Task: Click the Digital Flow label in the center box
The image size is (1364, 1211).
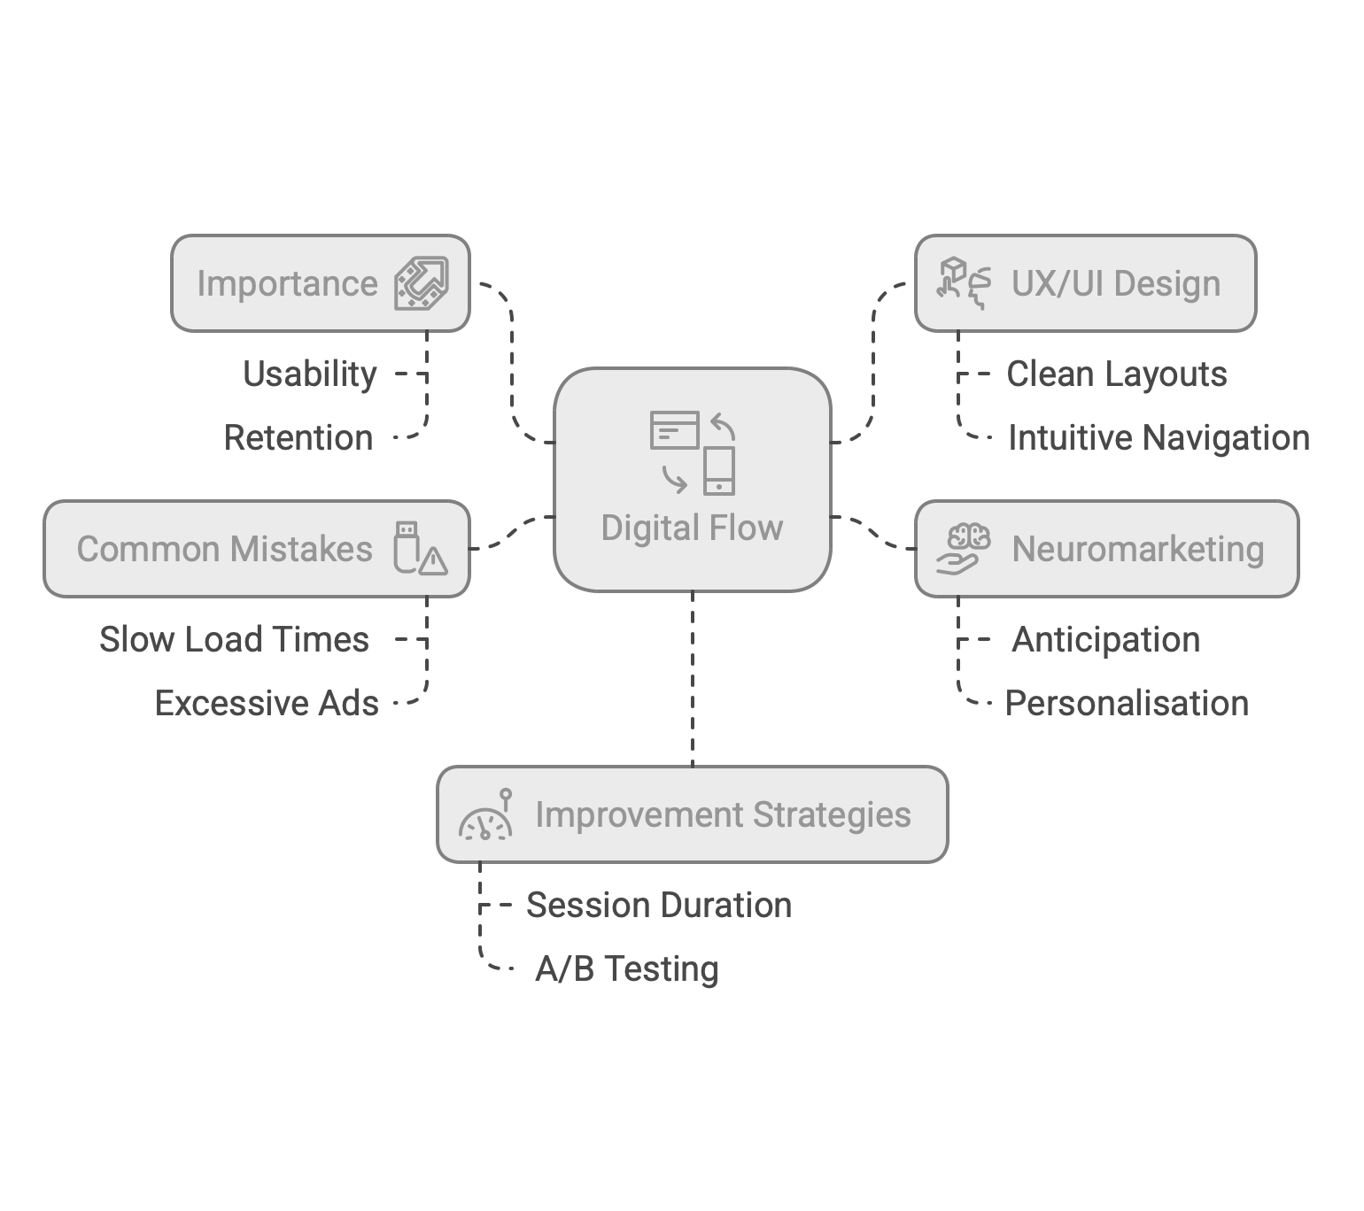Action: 692,528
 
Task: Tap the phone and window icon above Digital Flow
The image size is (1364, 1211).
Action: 692,452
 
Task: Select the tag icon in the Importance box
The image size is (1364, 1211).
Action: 422,283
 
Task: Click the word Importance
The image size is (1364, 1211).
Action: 287,284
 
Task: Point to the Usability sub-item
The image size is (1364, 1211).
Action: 310,374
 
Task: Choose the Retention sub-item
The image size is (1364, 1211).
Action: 298,438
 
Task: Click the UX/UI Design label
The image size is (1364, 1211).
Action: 1116,284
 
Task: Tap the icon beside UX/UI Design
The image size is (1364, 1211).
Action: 964,283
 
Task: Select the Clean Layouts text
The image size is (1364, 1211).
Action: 1117,374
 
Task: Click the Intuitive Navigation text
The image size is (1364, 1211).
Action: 1159,438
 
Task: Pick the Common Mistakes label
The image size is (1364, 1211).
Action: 224,549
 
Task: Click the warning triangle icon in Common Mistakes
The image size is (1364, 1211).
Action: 433,560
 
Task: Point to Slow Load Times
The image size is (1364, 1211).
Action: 234,640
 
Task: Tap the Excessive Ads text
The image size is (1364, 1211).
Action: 267,704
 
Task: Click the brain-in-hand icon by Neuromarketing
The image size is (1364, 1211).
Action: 964,549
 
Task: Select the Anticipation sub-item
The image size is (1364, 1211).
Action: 1105,640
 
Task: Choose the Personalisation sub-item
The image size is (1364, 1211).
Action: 1127,704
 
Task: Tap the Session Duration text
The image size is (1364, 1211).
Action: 659,906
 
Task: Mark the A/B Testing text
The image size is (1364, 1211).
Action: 626,969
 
